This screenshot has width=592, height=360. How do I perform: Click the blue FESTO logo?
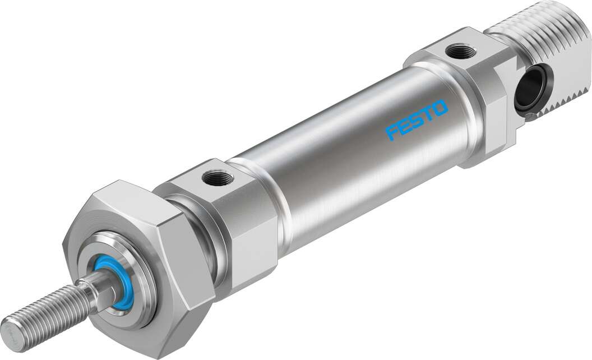point(417,119)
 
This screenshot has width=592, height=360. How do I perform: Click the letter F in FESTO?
point(391,132)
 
